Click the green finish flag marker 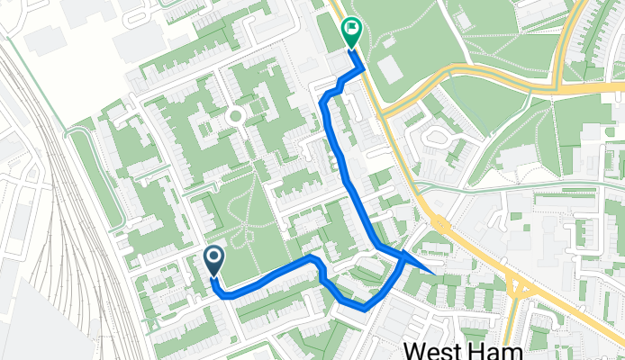click(351, 33)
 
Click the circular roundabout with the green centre click(236, 115)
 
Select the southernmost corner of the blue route click(364, 307)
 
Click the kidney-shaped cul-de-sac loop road click(438, 138)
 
